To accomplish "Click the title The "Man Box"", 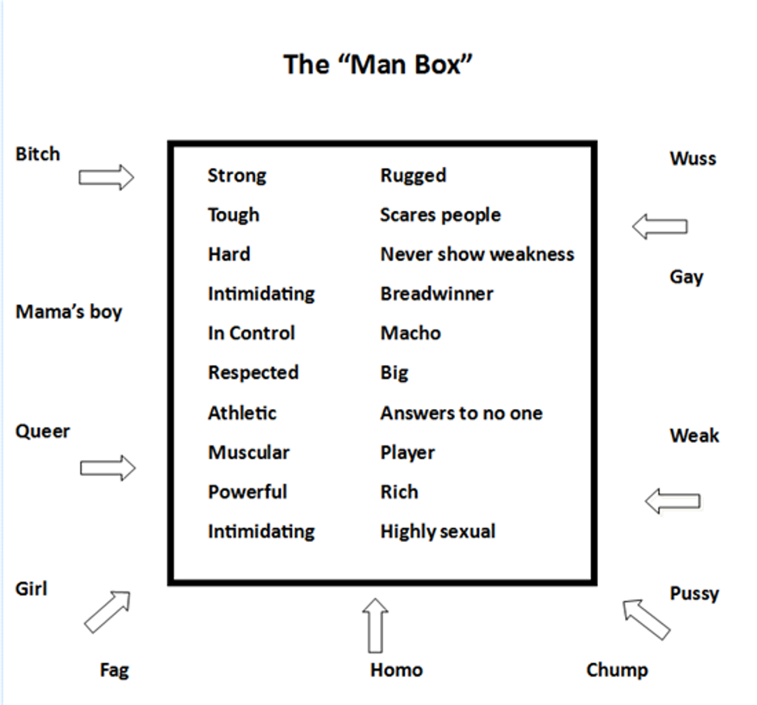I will pos(378,63).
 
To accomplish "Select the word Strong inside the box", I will pos(236,175).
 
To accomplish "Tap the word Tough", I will pos(233,215).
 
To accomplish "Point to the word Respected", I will pos(253,373).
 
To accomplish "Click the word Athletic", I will pos(242,413).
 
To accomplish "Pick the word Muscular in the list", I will pos(248,452).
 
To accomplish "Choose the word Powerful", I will pos(247,492).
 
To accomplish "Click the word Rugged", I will pos(412,175).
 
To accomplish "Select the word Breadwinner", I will pos(436,294).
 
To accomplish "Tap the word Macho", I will pos(410,333).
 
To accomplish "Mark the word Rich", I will pos(399,492).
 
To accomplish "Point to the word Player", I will pos(407,452).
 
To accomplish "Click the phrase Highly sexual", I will pos(437,532).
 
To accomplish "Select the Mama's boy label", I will pos(69,312).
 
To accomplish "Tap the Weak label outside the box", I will pos(694,436).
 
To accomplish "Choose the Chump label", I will pos(616,669).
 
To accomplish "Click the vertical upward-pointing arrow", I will pos(376,625).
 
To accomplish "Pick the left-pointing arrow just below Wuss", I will pos(659,226).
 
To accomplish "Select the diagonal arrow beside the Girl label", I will pos(107,611).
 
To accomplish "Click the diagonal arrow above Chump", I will pos(647,619).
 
